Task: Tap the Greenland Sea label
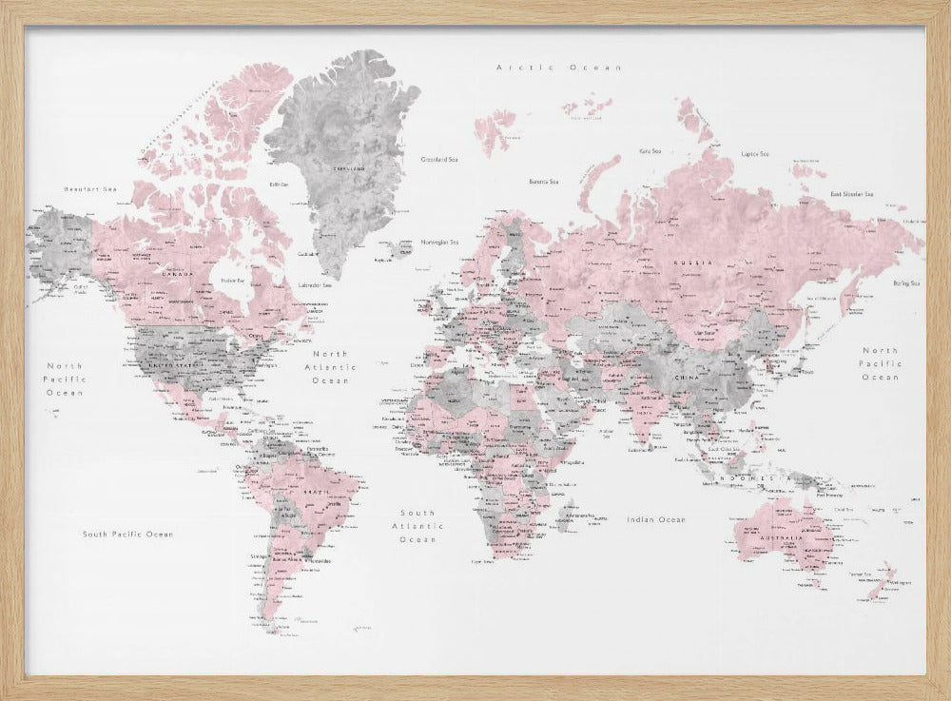pyautogui.click(x=440, y=160)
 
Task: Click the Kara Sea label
pyautogui.click(x=650, y=150)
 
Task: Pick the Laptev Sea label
pyautogui.click(x=755, y=153)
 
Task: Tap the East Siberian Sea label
pyautogui.click(x=850, y=194)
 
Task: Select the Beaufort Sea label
pyautogui.click(x=89, y=189)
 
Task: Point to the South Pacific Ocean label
pyautogui.click(x=127, y=535)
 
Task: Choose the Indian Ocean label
pyautogui.click(x=656, y=519)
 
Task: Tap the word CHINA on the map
pyautogui.click(x=686, y=378)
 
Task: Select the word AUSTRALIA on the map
pyautogui.click(x=782, y=538)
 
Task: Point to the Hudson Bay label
pyautogui.click(x=234, y=281)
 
